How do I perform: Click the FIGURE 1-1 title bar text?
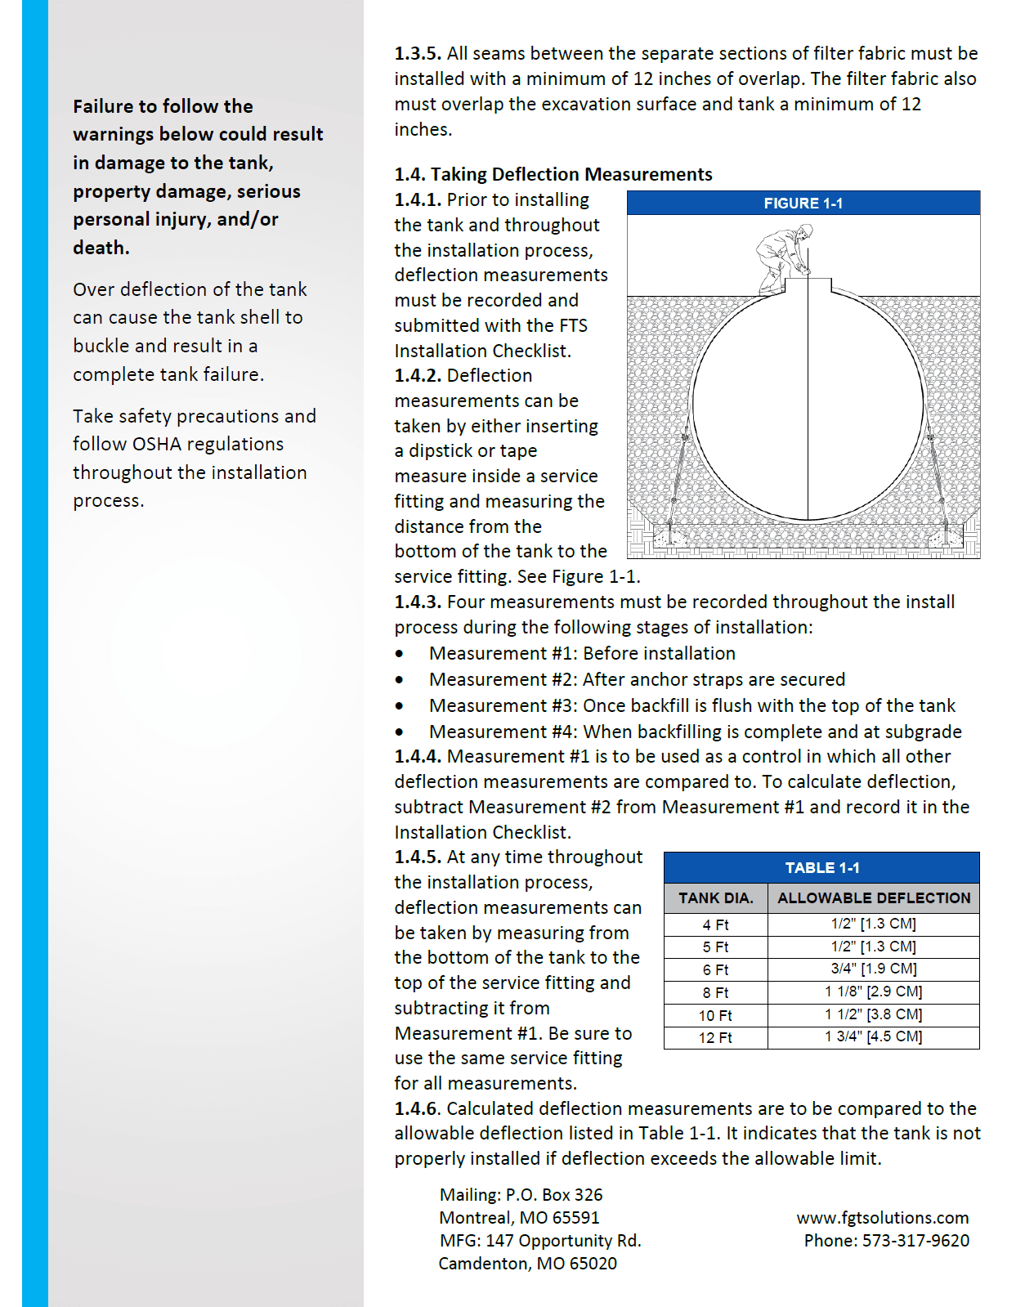[x=803, y=203]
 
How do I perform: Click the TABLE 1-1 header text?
[x=821, y=868]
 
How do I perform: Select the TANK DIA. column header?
[x=715, y=897]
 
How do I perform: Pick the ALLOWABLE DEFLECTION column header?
[x=873, y=897]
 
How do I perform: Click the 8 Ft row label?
[x=715, y=992]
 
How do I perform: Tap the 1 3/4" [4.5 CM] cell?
[x=873, y=1036]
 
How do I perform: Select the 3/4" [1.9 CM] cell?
[x=873, y=969]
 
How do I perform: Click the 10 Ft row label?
[x=715, y=1015]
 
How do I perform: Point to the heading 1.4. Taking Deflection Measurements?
[x=553, y=174]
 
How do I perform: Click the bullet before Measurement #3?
[x=399, y=705]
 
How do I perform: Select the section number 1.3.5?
[x=418, y=53]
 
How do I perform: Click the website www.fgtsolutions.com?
[x=882, y=1218]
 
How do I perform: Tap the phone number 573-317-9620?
[x=915, y=1241]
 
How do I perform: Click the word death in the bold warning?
[x=100, y=248]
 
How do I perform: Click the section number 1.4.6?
[x=418, y=1108]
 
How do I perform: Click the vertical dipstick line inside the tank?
[x=808, y=409]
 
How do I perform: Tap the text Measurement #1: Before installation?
[x=582, y=653]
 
